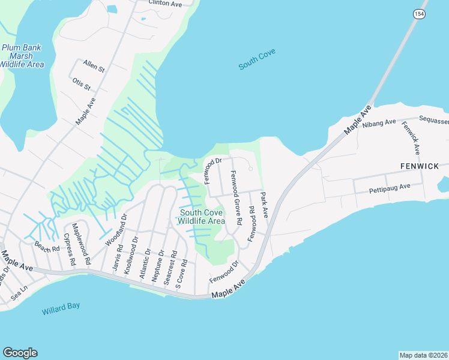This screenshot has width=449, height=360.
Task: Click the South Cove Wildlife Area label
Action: tap(201, 217)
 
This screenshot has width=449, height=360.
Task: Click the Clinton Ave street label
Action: tap(164, 4)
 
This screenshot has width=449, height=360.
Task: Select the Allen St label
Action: tap(94, 66)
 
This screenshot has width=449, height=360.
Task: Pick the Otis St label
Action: tap(81, 84)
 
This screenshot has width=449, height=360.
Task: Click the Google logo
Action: tap(20, 353)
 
